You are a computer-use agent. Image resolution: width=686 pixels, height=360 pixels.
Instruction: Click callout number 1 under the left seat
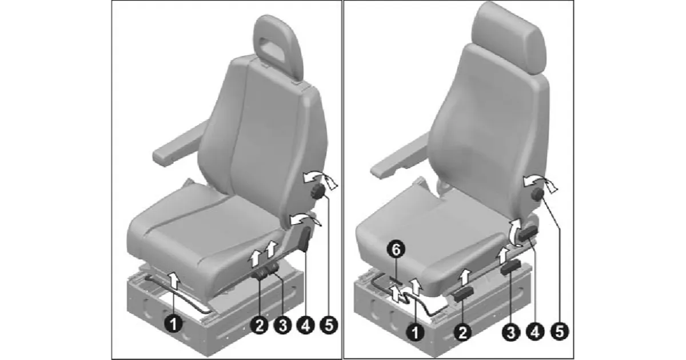[x=173, y=324]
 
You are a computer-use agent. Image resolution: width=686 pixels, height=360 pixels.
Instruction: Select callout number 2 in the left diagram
[x=260, y=325]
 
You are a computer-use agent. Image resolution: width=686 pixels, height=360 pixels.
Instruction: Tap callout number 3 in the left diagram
[x=282, y=325]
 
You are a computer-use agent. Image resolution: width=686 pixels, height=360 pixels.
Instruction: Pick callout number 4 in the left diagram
[x=306, y=325]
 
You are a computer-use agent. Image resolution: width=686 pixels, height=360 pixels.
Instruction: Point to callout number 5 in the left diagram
[x=329, y=325]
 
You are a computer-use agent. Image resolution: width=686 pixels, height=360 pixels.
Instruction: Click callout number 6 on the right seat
[x=396, y=249]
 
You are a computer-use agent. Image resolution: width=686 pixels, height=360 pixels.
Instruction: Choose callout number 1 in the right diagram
[x=415, y=331]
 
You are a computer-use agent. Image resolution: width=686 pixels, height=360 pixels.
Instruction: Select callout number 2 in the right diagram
[x=462, y=331]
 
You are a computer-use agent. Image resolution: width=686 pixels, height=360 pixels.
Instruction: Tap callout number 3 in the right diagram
[x=510, y=331]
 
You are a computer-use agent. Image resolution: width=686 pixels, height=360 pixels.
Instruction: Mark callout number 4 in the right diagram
[x=535, y=331]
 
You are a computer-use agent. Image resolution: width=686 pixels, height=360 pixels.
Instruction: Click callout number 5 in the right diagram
[x=560, y=331]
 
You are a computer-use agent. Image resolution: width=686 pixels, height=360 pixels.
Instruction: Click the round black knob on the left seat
[x=318, y=192]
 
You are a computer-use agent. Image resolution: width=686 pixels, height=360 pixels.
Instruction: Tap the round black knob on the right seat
[x=537, y=194]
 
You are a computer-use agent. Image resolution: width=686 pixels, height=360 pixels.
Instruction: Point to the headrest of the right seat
[x=509, y=38]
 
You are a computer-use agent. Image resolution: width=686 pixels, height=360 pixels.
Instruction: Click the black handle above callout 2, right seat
[x=464, y=294]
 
